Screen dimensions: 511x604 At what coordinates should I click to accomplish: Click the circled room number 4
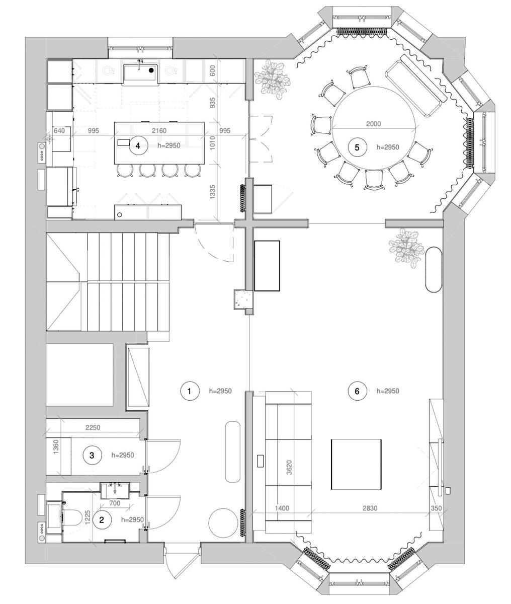(x=138, y=145)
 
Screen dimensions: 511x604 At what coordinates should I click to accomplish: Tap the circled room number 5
(x=357, y=147)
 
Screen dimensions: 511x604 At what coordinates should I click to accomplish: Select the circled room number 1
(x=190, y=391)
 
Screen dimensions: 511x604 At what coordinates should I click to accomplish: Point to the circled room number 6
(x=357, y=391)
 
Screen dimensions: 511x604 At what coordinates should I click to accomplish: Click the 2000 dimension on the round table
(x=374, y=124)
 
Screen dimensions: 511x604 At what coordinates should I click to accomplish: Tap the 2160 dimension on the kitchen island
(x=159, y=131)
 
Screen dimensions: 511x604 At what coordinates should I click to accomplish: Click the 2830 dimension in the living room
(x=370, y=508)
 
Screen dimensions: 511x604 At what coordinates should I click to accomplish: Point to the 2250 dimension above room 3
(x=93, y=427)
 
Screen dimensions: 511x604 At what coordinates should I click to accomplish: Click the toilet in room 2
(x=73, y=518)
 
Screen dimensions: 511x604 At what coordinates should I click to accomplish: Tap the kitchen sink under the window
(x=140, y=72)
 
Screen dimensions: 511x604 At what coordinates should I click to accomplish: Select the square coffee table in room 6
(x=356, y=464)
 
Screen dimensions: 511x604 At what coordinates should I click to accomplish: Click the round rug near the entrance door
(x=223, y=522)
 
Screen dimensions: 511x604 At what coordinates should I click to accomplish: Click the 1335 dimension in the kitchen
(x=212, y=192)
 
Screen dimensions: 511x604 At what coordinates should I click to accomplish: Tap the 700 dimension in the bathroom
(x=115, y=503)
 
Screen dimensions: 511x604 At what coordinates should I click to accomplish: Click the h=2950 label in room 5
(x=387, y=147)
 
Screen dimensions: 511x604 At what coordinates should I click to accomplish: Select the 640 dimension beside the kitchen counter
(x=59, y=131)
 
